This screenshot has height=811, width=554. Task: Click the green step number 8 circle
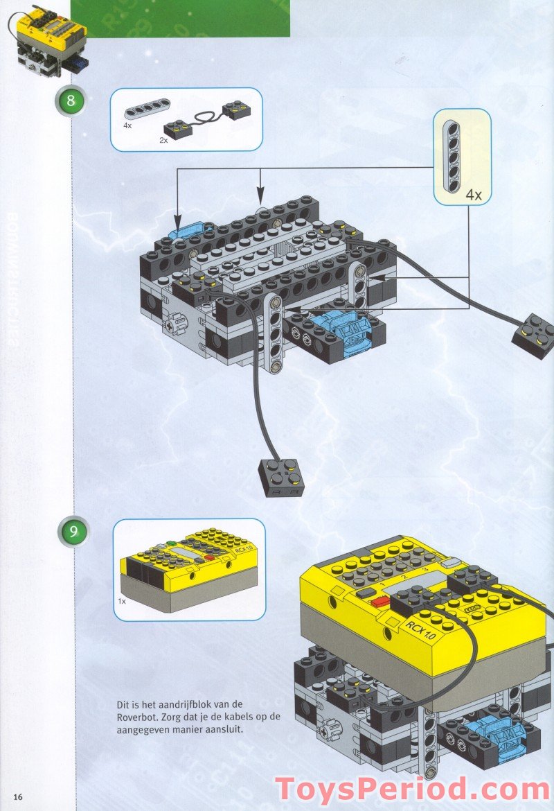point(70,101)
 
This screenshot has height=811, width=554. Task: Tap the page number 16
point(18,796)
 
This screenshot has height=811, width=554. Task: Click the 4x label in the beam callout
point(473,195)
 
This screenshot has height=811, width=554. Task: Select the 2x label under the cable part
point(164,140)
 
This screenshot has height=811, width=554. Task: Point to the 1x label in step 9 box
point(122,602)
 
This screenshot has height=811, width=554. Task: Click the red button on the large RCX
point(379,602)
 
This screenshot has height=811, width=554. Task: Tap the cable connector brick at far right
point(534,335)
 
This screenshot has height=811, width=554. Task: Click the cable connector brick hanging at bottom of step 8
point(280,477)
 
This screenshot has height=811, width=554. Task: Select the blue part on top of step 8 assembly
point(186,229)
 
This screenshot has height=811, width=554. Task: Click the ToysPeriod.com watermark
point(412,790)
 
